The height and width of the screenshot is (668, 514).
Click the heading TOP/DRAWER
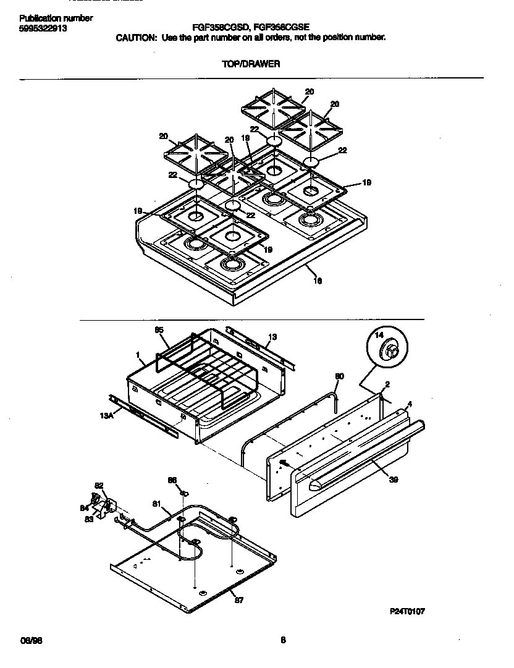pyautogui.click(x=251, y=64)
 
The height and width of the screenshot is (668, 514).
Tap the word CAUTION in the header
pyautogui.click(x=137, y=37)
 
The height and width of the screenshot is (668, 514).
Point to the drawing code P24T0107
pyautogui.click(x=407, y=611)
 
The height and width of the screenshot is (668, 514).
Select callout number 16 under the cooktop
pyautogui.click(x=318, y=281)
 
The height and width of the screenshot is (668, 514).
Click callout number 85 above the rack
pyautogui.click(x=159, y=331)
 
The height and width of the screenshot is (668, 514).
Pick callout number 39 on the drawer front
pyautogui.click(x=393, y=480)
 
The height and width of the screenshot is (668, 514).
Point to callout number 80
pyautogui.click(x=339, y=376)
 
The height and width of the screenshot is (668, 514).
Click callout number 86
pyautogui.click(x=172, y=480)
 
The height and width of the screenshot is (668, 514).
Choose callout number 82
pyautogui.click(x=99, y=486)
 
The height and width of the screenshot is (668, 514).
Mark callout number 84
pyautogui.click(x=85, y=508)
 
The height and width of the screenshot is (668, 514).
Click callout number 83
pyautogui.click(x=89, y=519)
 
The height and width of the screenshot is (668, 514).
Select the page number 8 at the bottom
pyautogui.click(x=283, y=640)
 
